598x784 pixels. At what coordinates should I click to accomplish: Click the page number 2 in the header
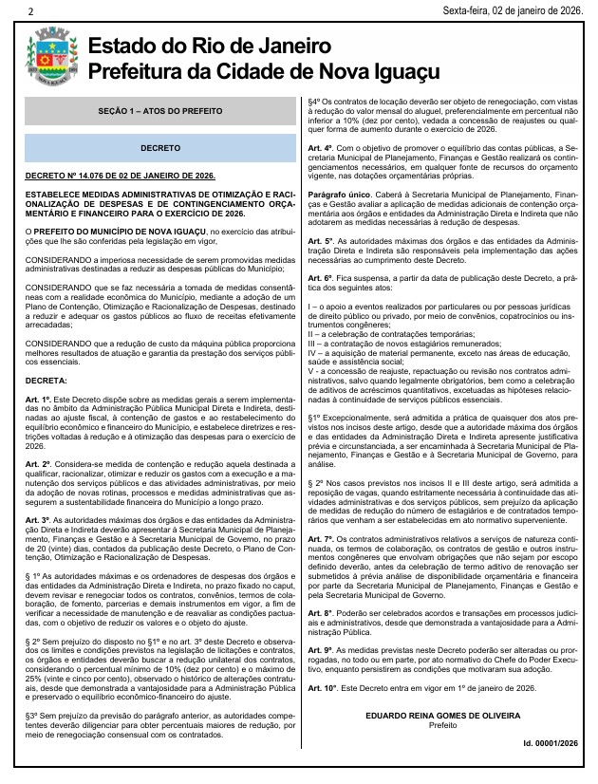[x=31, y=11]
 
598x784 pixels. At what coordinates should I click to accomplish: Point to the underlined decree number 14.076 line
[x=121, y=177]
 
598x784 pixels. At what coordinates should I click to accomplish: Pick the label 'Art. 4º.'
[x=328, y=149]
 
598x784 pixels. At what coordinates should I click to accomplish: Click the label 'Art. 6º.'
[x=328, y=276]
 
